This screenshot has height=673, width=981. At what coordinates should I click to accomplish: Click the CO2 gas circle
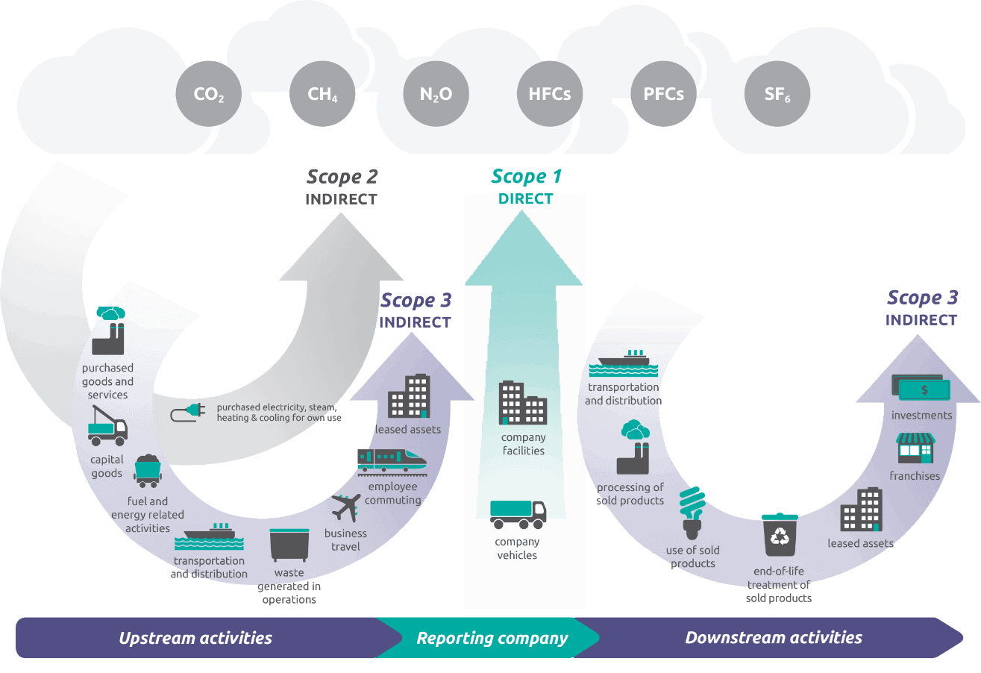click(208, 95)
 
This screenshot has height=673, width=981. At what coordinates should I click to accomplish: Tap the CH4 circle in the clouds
click(322, 95)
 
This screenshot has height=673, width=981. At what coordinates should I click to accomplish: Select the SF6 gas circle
click(777, 95)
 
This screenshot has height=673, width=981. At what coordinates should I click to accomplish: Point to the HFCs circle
click(550, 95)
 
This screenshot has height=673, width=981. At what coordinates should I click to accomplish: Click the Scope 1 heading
click(526, 177)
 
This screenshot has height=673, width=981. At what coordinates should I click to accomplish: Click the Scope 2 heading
click(342, 177)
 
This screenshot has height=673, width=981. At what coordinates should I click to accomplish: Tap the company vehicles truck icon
click(518, 513)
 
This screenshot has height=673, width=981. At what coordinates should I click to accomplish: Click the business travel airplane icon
click(345, 508)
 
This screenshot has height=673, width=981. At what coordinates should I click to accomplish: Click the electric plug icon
click(187, 413)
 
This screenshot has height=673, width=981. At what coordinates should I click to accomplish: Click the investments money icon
click(921, 388)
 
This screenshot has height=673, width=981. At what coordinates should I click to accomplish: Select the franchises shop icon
click(915, 448)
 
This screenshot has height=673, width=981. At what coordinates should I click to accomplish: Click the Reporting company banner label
click(492, 639)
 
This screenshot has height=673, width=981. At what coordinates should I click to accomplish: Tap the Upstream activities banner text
click(195, 638)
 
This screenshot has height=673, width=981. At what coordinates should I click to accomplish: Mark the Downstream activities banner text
click(774, 638)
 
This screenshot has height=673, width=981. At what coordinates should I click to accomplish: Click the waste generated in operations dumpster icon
click(289, 545)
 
